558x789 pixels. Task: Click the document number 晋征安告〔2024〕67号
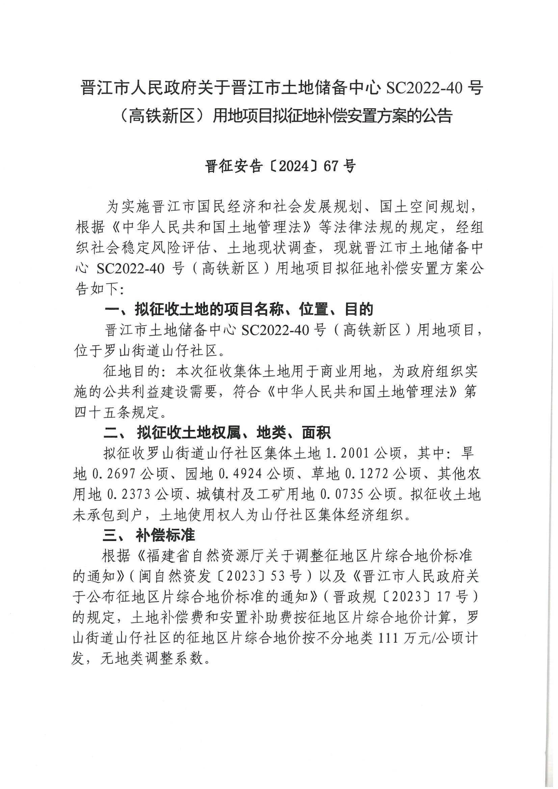coord(280,166)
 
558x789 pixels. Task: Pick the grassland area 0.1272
coord(367,474)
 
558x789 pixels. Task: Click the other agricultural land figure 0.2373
coord(130,495)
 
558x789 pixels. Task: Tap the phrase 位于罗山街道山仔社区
coord(146,351)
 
